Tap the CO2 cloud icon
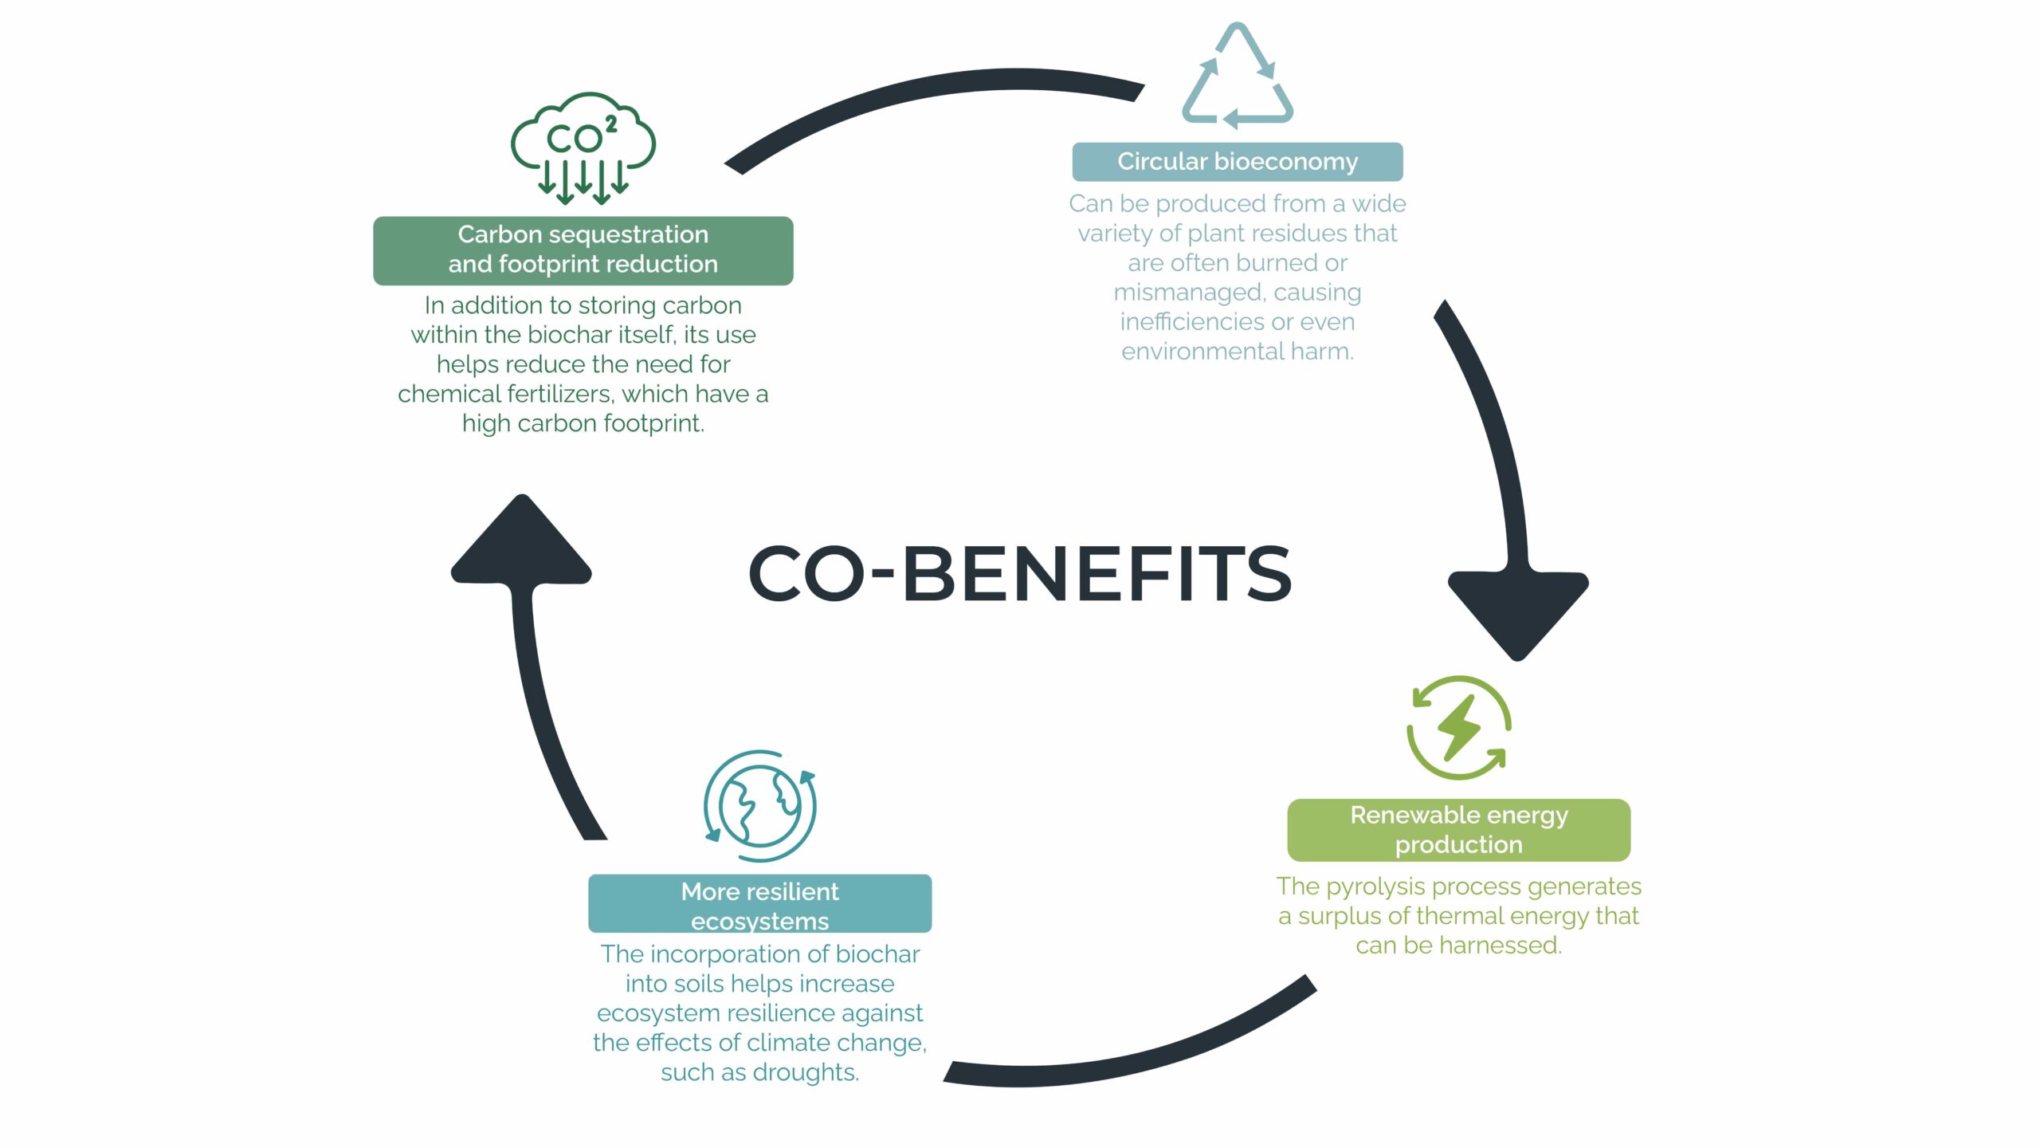(x=583, y=147)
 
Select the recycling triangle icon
(x=1237, y=77)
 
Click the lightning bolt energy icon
(x=1458, y=727)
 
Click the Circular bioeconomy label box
(x=1237, y=162)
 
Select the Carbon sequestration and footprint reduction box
(x=583, y=250)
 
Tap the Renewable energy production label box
(x=1458, y=830)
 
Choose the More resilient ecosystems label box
(x=759, y=904)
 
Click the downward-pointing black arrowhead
(x=1517, y=610)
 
